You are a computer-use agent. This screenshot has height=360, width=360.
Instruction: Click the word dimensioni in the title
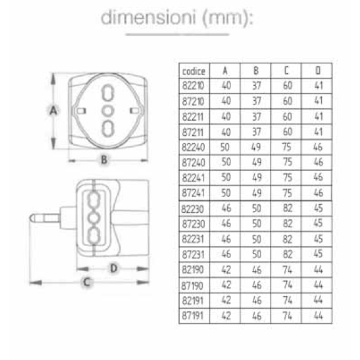click(148, 18)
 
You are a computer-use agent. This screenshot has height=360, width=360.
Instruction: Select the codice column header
click(193, 71)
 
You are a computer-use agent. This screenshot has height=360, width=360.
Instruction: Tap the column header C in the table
click(286, 71)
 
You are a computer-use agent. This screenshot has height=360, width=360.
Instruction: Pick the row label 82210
click(193, 86)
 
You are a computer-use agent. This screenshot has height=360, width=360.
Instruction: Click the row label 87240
click(193, 163)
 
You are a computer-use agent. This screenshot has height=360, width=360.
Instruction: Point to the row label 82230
click(193, 209)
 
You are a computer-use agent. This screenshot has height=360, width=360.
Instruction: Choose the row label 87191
click(193, 316)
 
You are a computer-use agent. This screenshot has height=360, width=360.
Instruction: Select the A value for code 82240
click(225, 147)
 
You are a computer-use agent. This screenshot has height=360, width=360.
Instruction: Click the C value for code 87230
click(287, 224)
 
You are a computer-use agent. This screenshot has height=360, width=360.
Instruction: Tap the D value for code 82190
click(318, 269)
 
